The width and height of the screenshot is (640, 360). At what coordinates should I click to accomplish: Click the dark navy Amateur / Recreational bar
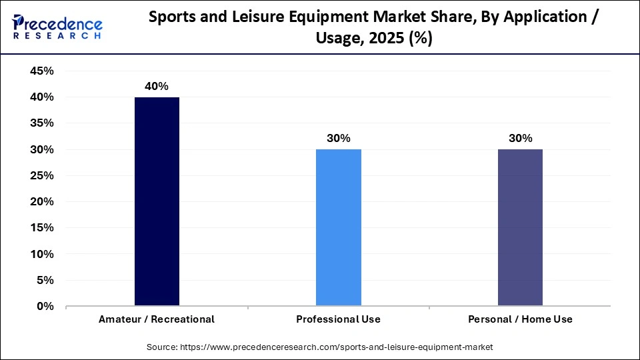click(157, 201)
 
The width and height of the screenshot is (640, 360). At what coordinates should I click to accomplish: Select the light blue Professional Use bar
click(338, 227)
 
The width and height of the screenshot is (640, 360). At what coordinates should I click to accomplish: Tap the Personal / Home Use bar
click(520, 227)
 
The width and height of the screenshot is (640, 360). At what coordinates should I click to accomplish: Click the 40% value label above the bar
click(157, 86)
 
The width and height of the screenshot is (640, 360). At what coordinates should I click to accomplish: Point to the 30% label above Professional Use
click(338, 139)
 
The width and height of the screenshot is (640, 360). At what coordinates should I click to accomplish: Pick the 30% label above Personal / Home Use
click(520, 139)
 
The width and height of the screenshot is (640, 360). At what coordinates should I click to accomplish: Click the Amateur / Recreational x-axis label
click(157, 319)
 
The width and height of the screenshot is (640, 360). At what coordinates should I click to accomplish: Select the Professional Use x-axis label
click(338, 319)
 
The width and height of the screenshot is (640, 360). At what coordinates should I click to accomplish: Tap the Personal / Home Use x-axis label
click(520, 319)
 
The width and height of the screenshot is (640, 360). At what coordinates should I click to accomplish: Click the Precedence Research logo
click(57, 27)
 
